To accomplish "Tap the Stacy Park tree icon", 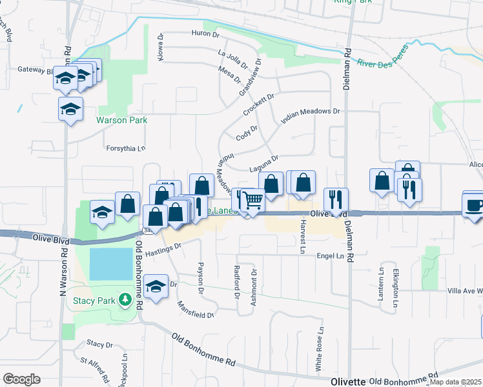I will coord(127,300).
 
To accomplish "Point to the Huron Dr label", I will coord(207,33).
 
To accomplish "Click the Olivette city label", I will coord(348,381).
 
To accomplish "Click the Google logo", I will coord(21,379).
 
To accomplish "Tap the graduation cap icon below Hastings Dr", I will coord(156,286).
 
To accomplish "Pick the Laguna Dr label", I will coord(264,163).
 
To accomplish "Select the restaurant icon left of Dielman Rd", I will coord(336,199).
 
